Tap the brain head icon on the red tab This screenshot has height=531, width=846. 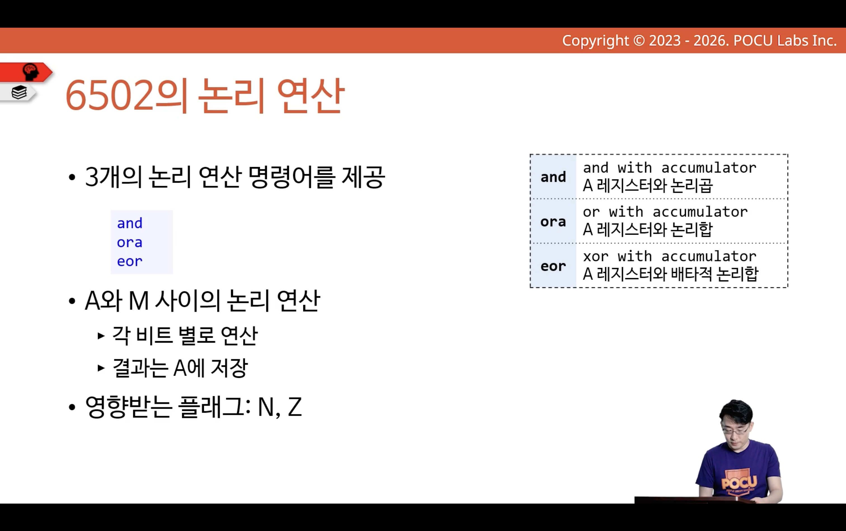30,72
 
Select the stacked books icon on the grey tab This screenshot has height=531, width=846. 19,92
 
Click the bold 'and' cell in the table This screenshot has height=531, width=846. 553,177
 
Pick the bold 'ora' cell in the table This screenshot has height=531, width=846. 553,222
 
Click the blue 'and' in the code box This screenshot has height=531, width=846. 130,223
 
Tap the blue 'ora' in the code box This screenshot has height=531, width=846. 130,242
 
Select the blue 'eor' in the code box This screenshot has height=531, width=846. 130,261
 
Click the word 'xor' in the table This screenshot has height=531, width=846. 596,256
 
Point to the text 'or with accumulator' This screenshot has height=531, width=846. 665,212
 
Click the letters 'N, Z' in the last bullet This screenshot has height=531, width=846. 279,407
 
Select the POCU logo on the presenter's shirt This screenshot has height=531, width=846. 739,483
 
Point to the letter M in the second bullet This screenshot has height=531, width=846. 139,301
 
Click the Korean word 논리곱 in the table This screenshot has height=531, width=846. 692,185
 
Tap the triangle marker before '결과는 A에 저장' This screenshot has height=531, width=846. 101,368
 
